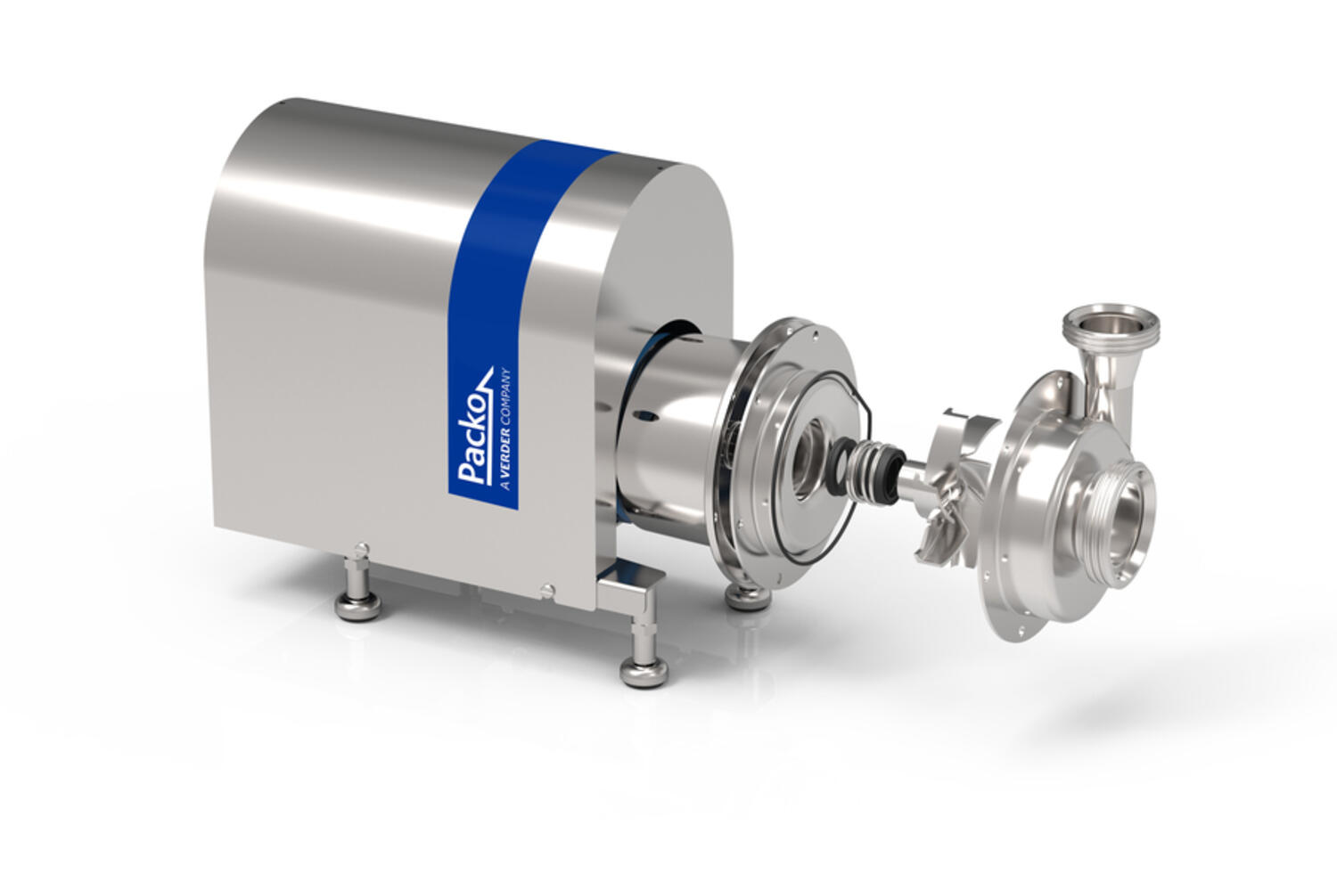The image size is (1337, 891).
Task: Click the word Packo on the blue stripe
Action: coord(473,431)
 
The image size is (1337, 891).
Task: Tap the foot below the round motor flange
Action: coord(747,594)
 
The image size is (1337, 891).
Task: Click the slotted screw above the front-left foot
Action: coord(360,547)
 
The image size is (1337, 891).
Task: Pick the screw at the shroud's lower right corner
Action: coord(547,589)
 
